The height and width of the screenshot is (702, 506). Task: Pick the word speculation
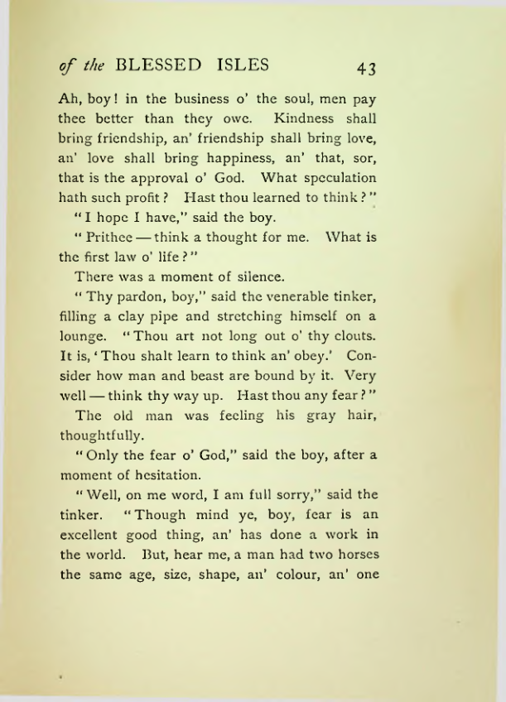[336, 177]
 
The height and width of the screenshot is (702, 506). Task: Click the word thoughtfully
[102, 436]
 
